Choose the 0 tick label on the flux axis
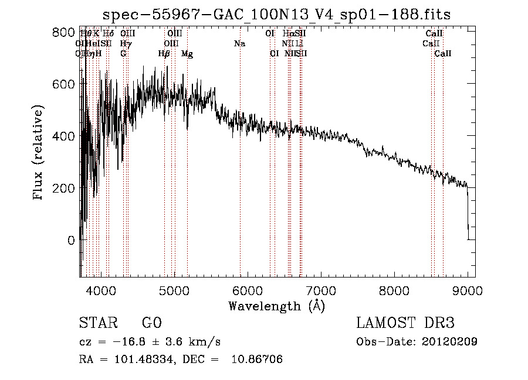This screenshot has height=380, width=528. (x=70, y=240)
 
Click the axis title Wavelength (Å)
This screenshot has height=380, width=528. (x=276, y=306)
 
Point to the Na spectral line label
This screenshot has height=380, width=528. (x=239, y=44)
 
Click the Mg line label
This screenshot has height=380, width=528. (x=187, y=54)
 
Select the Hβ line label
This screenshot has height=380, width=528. (x=164, y=54)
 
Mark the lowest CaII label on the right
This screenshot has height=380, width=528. (x=443, y=54)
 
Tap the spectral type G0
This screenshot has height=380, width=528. (x=151, y=323)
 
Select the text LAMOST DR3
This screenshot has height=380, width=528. (x=405, y=323)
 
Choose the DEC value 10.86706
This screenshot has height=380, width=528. (x=258, y=360)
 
